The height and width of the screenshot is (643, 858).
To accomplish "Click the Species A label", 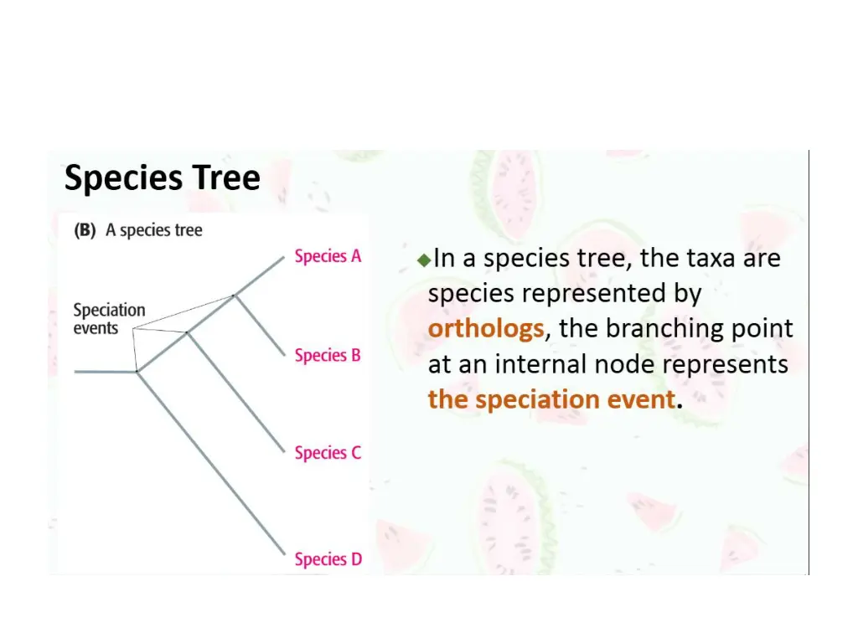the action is [328, 256].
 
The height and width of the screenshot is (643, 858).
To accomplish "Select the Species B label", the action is [328, 355].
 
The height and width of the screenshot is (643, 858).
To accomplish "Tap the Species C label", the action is [328, 453].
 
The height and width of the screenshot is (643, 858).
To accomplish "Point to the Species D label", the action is [328, 559].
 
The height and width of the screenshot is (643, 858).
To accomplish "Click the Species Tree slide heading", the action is [163, 178].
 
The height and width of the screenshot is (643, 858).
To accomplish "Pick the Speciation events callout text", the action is [109, 319].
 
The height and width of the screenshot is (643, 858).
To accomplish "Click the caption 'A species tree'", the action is [154, 230].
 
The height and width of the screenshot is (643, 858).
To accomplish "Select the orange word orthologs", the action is [485, 329].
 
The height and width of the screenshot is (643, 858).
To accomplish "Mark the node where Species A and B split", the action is [235, 295].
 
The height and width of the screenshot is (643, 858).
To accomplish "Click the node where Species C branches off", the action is [188, 332].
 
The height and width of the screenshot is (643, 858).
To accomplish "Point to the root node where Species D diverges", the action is [137, 371].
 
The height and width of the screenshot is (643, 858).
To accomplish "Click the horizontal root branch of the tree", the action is [105, 371].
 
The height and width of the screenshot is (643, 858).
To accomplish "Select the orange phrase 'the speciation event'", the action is [551, 399].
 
